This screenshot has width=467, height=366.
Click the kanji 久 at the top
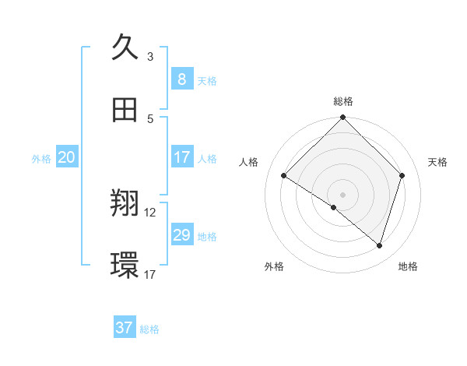[125, 48]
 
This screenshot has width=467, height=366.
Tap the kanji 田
[125, 110]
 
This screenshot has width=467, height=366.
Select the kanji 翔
[125, 204]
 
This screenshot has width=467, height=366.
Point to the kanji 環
[125, 266]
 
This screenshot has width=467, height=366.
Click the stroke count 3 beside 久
[150, 56]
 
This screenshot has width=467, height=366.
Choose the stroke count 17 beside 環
[150, 274]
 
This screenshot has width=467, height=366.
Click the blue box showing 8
[181, 79]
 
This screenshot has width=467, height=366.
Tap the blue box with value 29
[181, 235]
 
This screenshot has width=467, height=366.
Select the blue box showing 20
[66, 157]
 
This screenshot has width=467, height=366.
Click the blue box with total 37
[125, 328]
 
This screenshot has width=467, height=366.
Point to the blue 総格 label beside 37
[149, 329]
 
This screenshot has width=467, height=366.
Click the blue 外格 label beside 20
[41, 159]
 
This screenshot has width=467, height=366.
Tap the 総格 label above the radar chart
[343, 101]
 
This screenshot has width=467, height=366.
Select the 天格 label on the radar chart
[438, 162]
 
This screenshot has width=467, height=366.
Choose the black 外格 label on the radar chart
[274, 266]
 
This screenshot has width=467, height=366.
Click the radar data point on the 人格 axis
[284, 176]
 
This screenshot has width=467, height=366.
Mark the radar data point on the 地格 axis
[380, 245]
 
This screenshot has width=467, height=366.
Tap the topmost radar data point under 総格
[343, 118]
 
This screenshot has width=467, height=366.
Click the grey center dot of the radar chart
[343, 194]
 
